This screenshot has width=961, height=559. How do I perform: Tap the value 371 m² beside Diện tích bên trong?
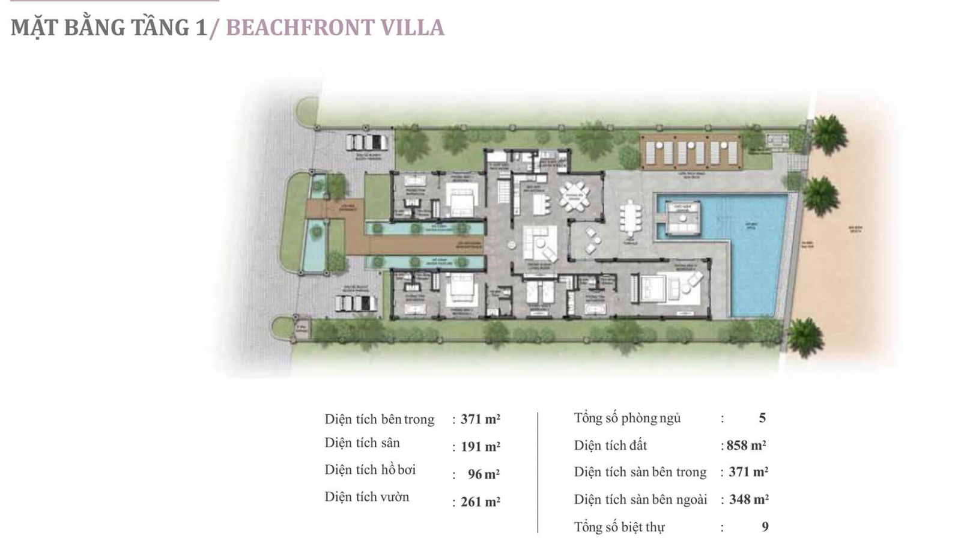(x=480, y=419)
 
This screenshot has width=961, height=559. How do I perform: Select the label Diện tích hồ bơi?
(x=370, y=470)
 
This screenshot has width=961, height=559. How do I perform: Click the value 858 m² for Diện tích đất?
(x=746, y=446)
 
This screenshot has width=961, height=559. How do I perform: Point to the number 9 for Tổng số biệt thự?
(x=765, y=527)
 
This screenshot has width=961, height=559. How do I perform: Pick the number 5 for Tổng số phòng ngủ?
(x=762, y=418)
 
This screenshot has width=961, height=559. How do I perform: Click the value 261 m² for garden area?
(x=480, y=501)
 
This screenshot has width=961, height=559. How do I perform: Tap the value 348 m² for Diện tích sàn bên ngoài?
(x=748, y=499)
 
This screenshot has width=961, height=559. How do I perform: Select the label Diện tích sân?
(x=362, y=443)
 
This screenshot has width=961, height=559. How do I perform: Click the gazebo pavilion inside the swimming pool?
(x=682, y=219)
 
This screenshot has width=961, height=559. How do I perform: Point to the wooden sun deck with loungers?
(x=691, y=152)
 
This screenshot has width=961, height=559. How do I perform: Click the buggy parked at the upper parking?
(x=366, y=142)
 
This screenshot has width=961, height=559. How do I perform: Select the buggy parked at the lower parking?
(x=357, y=303)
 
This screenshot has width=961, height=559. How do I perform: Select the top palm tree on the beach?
(x=829, y=133)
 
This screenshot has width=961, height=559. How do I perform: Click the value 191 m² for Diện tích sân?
(x=480, y=447)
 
